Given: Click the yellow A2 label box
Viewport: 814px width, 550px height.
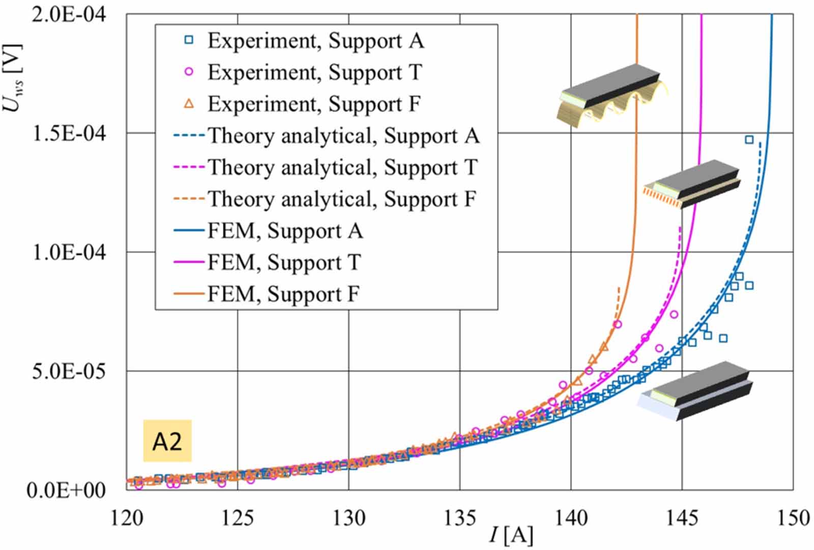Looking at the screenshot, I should pos(167,441).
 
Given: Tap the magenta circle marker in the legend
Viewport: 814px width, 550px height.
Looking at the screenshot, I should pos(189,72).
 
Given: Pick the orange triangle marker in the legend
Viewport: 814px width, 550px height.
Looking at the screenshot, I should pos(189,104).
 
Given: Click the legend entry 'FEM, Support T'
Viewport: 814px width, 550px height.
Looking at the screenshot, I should pos(284,262).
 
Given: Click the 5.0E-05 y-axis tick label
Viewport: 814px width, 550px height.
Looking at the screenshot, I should pos(69,371).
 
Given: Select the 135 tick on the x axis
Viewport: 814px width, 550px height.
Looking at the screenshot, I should pos(460,518).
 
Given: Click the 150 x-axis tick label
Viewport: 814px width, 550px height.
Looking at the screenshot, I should pos(792,518).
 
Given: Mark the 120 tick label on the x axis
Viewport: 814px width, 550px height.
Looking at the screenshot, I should pos(127,518).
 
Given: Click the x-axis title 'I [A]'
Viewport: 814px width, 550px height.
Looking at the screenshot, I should pos(511,535).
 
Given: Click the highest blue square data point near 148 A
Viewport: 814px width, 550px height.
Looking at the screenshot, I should pos(749,140).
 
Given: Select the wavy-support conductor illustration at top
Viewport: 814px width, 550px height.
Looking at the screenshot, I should pos(610,97).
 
